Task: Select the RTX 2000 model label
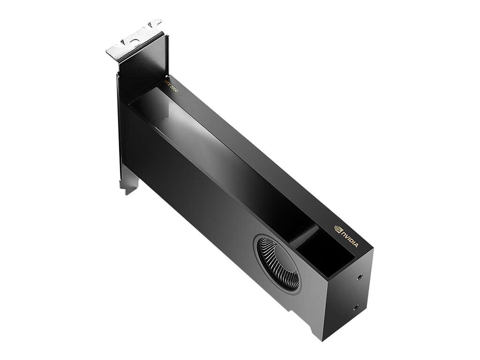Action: pyautogui.click(x=171, y=87)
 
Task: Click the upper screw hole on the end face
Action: pyautogui.click(x=360, y=277)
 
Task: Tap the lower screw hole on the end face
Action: pyautogui.click(x=356, y=307)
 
